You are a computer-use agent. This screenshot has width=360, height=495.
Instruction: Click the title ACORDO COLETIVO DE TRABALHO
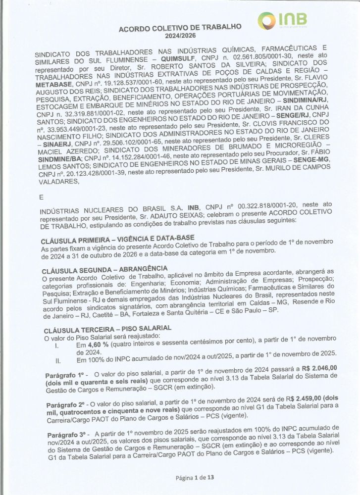pyautogui.click(x=180, y=28)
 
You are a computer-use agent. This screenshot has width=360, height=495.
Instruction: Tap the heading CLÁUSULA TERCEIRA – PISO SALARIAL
pyautogui.click(x=107, y=329)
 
